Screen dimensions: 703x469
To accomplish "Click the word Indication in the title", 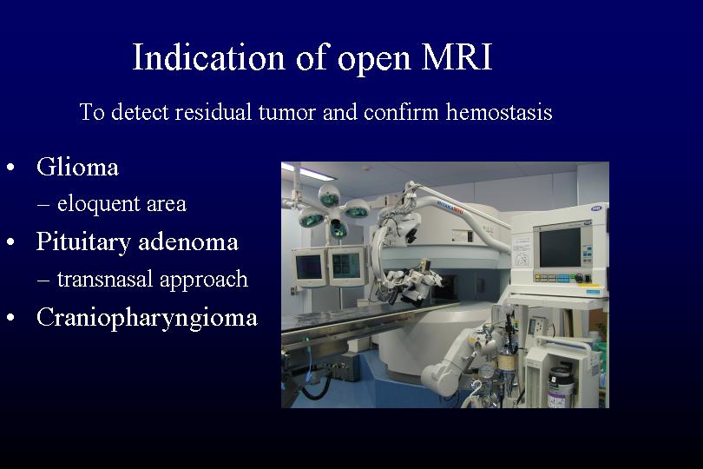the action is tap(208, 57).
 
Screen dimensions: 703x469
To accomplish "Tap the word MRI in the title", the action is tap(457, 57).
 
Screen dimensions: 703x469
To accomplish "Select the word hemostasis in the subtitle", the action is tap(499, 112).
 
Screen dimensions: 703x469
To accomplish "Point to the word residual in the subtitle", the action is tap(213, 112).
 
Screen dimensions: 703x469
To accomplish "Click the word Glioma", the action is tap(77, 167).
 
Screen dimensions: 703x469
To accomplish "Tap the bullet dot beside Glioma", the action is tap(10, 168).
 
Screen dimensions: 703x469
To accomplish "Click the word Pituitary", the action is tap(84, 242).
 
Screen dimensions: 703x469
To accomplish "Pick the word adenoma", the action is tap(188, 242).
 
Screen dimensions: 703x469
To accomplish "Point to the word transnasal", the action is tap(105, 279).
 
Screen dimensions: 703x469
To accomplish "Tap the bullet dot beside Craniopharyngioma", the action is tap(10, 318).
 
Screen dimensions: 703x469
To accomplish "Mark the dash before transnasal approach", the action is tap(43, 281).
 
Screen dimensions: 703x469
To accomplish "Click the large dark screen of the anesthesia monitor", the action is tap(560, 248).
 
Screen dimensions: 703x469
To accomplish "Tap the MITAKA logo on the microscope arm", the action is tap(450, 208).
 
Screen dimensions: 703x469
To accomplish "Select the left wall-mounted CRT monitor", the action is tap(310, 267).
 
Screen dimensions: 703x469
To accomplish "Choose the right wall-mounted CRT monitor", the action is tap(347, 266).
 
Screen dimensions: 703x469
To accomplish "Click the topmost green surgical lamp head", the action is tap(329, 195).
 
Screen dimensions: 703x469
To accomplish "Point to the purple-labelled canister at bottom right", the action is tap(561, 386).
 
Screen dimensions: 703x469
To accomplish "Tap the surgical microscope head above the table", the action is tap(406, 285).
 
